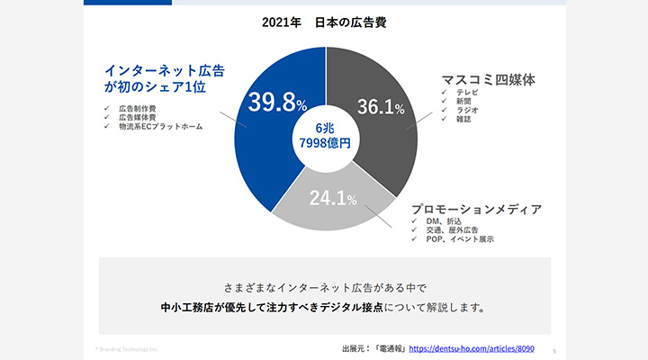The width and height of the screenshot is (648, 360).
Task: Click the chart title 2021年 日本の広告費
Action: click(x=325, y=21)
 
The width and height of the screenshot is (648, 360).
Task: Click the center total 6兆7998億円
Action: click(x=325, y=135)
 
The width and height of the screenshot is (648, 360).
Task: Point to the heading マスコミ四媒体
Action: click(x=488, y=79)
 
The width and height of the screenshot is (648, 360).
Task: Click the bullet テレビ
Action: click(x=467, y=93)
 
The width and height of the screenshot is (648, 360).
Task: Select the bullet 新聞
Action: click(x=464, y=102)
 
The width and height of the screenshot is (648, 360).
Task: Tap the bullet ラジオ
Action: click(x=467, y=110)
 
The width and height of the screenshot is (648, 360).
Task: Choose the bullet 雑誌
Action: click(x=464, y=119)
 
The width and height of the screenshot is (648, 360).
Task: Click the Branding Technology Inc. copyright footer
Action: click(x=127, y=347)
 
